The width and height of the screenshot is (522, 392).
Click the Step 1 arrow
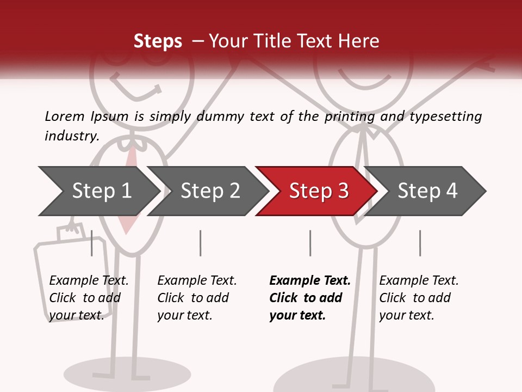click(101, 191)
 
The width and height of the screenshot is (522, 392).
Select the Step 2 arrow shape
click(210, 191)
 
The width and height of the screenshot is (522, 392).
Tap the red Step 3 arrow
click(318, 191)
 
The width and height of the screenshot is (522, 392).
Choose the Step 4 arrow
click(427, 191)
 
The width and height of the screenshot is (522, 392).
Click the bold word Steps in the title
click(158, 41)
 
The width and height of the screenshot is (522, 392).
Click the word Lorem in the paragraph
click(65, 116)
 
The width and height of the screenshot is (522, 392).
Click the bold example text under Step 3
click(310, 298)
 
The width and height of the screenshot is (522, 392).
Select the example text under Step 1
click(89, 298)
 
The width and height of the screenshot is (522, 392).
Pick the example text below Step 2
click(197, 298)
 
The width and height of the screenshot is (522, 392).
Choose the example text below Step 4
click(419, 298)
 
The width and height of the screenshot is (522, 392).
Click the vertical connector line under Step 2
click(201, 243)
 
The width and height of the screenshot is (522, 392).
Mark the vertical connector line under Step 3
click(310, 243)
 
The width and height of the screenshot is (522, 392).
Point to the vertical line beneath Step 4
click(420, 243)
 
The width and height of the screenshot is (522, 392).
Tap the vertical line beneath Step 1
click(91, 243)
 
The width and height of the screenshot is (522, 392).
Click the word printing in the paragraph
click(350, 116)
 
